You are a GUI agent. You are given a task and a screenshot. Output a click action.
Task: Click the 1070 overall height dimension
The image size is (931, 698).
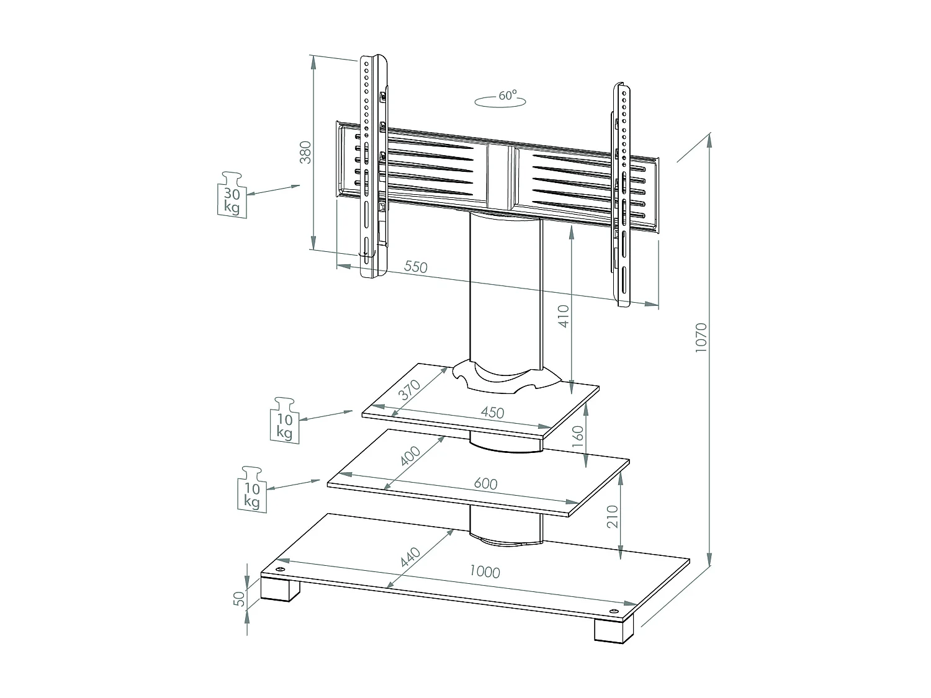pos(701,338)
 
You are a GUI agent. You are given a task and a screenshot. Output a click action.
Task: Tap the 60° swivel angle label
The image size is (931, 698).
pos(507,96)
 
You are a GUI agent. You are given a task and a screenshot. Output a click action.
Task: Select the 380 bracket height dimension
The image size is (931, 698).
pos(305,153)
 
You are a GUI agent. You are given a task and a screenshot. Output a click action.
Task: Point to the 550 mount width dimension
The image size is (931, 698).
pos(416,267)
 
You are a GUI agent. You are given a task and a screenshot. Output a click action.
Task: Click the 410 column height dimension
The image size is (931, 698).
pos(564,316)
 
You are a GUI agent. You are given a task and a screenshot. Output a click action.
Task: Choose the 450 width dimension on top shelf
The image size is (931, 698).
pos(492,412)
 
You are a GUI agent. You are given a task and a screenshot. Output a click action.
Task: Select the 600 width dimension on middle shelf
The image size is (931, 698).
pos(485,483)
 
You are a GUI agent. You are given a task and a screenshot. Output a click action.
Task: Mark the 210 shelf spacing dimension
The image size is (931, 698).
pos(613,516)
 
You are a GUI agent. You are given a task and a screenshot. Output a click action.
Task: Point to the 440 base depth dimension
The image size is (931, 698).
pos(410,557)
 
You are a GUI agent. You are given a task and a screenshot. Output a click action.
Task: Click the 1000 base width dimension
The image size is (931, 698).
pos(484,571)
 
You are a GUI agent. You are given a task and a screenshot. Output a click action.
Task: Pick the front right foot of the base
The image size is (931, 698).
pos(613,629)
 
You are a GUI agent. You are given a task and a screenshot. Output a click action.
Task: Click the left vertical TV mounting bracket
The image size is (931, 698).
pos(373,168)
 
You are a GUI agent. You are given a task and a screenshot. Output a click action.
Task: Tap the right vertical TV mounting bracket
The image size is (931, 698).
pos(623,192)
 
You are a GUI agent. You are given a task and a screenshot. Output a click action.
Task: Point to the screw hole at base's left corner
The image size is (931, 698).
pos(280,570)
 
